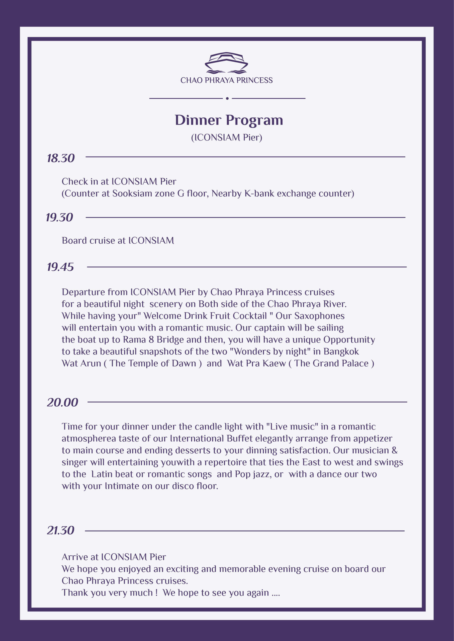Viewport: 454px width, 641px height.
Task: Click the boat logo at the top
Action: (226, 63)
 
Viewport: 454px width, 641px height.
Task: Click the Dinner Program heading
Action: (229, 120)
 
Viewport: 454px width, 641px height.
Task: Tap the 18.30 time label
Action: (61, 158)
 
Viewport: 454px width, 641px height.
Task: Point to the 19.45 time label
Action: (60, 267)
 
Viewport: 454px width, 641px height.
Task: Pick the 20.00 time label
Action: (62, 402)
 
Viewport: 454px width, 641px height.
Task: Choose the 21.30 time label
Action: (61, 530)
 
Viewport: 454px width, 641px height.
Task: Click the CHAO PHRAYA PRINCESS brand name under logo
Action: (226, 80)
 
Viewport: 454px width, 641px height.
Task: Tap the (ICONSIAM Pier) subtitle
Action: (226, 137)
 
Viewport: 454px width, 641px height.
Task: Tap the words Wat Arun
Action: (81, 363)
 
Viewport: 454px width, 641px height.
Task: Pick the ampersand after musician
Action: (394, 450)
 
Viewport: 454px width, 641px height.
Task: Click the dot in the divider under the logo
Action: (227, 98)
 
